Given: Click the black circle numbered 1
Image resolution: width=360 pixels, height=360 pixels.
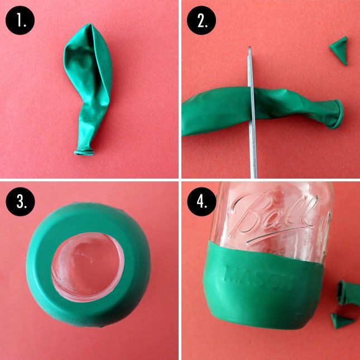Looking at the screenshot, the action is tap(20, 20).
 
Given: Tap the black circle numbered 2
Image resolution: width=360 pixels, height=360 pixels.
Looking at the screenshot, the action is tap(201, 20).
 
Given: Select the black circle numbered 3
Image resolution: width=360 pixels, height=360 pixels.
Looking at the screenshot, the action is tap(20, 201).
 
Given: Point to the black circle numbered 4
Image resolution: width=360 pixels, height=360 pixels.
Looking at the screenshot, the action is tap(201, 201).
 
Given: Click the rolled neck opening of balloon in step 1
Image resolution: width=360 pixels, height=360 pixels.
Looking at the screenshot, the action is tap(84, 152).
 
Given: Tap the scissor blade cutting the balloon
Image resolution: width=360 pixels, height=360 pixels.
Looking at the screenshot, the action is tap(252, 113).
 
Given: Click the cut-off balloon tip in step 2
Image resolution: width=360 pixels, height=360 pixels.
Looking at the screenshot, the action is tap(339, 50).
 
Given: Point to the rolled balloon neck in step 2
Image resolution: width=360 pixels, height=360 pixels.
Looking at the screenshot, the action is tap(337, 114).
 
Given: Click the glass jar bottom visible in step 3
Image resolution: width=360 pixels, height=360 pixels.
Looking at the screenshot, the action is tap(88, 267).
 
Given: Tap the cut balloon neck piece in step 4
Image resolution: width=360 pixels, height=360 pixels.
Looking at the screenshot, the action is tap(348, 294).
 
